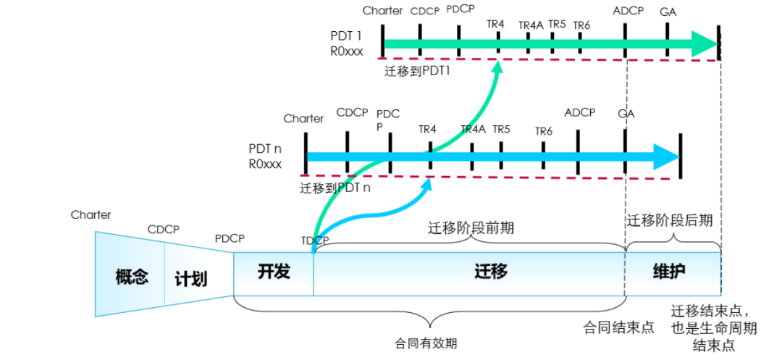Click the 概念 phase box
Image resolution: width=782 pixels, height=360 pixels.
(131, 275)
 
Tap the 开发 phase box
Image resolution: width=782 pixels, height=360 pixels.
(274, 272)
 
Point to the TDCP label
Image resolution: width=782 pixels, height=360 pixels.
(315, 240)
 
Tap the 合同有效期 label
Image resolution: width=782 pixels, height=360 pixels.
(426, 343)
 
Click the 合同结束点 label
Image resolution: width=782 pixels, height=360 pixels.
(619, 327)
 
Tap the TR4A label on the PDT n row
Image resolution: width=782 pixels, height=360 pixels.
(474, 130)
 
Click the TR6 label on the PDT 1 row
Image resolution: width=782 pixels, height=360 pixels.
(581, 26)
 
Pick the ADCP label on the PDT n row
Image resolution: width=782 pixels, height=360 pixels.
(579, 112)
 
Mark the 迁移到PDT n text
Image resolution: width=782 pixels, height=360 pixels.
(335, 188)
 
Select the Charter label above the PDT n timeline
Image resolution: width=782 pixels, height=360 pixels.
(303, 118)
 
